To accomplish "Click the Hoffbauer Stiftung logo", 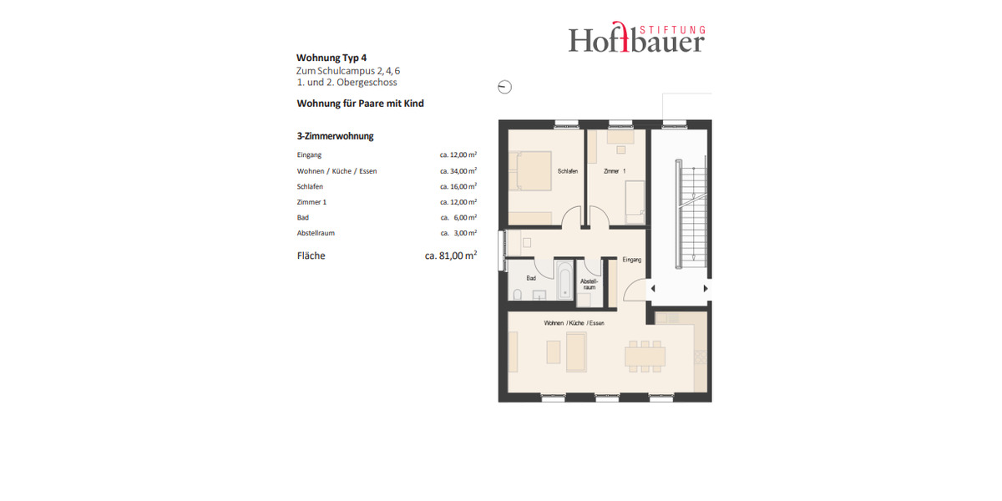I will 636,38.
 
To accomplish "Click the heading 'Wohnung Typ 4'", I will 331,58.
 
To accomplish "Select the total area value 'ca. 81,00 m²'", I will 451,256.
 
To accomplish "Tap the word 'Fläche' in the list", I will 311,256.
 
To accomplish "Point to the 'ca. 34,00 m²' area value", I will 458,171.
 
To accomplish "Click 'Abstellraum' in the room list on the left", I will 316,233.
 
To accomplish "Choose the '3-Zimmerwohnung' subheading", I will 335,135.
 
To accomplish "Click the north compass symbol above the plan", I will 504,87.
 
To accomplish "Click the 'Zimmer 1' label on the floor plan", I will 615,171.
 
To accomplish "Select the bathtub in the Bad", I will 565,281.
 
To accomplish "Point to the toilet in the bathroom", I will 518,294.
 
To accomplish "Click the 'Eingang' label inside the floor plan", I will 632,260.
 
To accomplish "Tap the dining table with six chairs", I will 645,355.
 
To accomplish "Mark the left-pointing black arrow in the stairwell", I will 653,288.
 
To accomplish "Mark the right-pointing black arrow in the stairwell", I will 706,288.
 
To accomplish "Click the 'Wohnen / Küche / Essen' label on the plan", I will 574,322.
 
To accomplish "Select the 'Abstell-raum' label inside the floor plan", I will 590,284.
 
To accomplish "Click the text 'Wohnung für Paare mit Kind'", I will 361,104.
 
